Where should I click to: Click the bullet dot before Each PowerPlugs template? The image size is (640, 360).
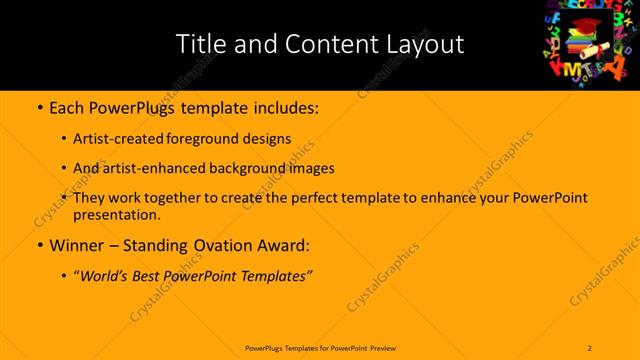pos(38,105)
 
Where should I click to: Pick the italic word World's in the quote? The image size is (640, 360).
pos(107,275)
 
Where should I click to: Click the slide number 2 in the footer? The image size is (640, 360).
pos(590,348)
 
